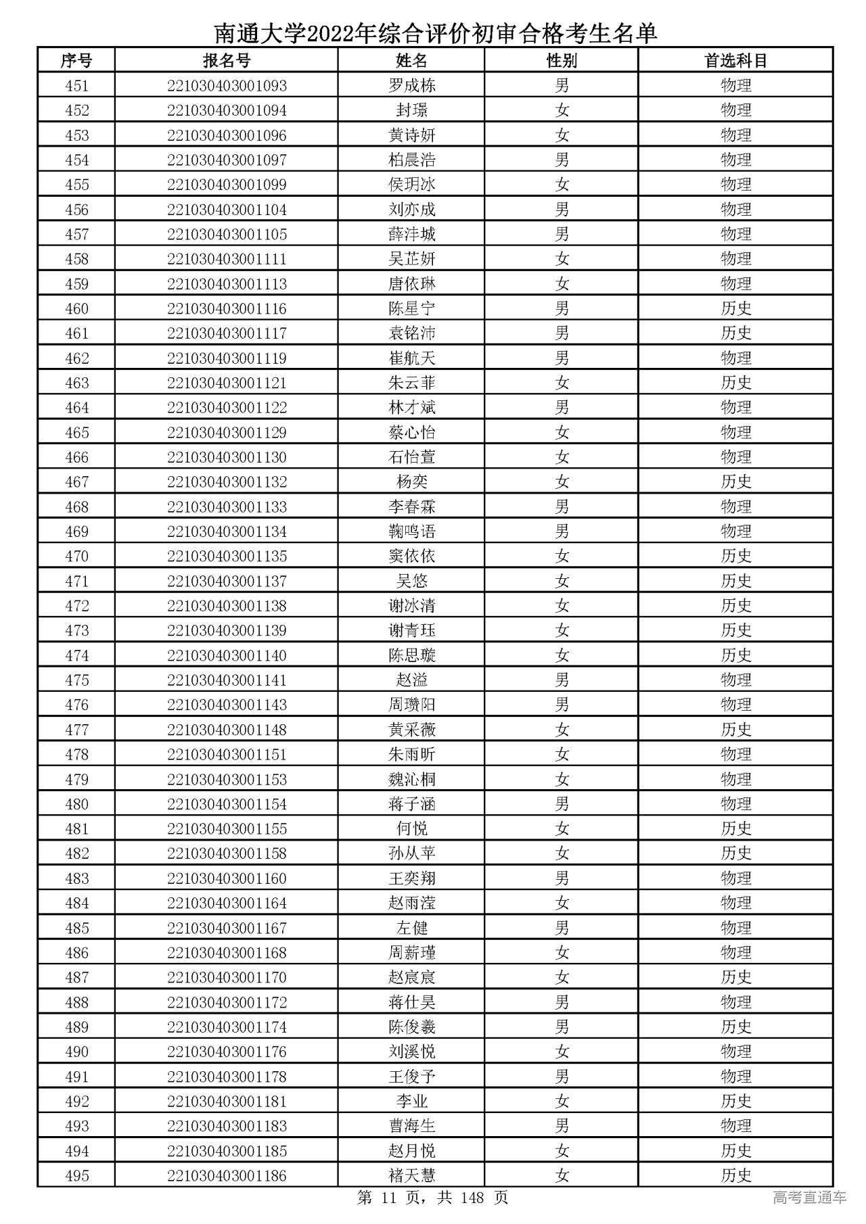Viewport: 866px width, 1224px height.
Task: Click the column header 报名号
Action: (227, 61)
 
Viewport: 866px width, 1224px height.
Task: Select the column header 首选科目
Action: (735, 61)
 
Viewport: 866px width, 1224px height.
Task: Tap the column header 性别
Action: (562, 61)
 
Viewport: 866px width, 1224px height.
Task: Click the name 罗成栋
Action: (411, 86)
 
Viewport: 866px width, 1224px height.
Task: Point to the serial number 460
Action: (76, 309)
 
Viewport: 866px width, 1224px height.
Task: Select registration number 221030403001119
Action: (227, 358)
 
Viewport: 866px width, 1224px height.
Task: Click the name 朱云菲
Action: (411, 383)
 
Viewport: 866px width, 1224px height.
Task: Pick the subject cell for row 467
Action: (735, 482)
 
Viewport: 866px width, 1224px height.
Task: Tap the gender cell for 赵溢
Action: (562, 680)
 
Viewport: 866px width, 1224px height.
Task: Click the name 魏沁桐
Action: (411, 780)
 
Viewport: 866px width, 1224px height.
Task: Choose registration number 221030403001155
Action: (227, 829)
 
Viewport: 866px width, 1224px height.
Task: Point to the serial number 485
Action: (76, 928)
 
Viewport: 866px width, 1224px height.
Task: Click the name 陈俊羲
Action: (411, 1027)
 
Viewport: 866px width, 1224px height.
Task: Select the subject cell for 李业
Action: (735, 1102)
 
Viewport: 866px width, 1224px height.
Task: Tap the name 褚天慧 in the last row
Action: (411, 1176)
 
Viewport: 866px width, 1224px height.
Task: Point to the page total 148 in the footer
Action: (472, 1198)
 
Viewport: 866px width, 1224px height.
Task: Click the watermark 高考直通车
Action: (809, 1198)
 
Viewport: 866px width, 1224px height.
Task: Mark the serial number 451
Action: (76, 86)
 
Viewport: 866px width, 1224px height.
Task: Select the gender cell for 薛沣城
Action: (562, 235)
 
